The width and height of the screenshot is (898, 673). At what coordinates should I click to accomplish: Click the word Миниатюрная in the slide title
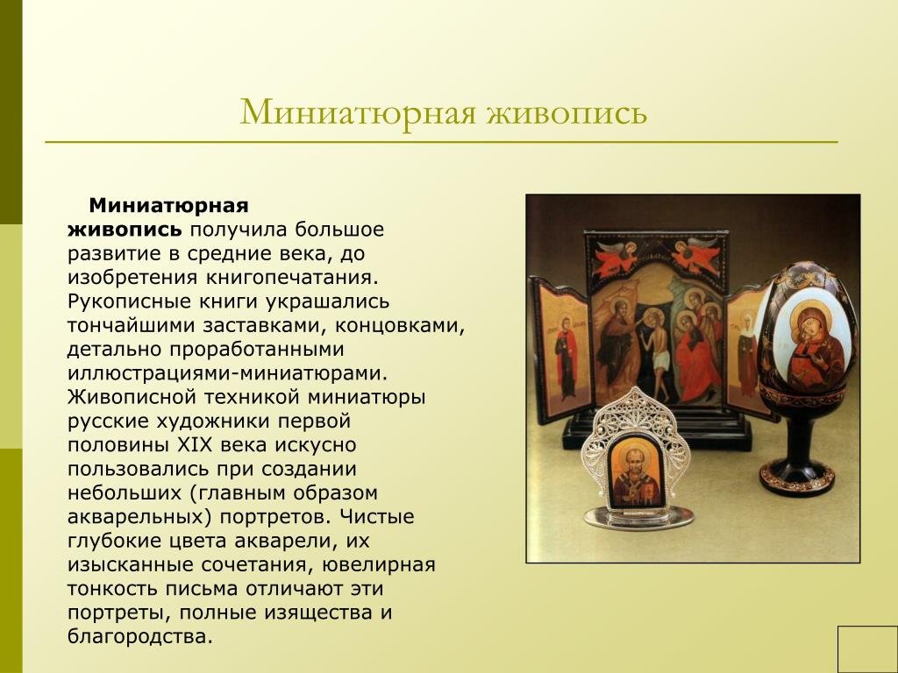point(358,111)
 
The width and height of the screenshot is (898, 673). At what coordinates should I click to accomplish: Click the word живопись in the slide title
point(567,111)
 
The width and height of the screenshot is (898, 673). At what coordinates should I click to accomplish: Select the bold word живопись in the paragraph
point(125,230)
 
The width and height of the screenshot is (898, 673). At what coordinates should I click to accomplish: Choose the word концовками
point(400,326)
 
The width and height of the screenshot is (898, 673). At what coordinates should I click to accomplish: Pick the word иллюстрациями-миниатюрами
point(227,373)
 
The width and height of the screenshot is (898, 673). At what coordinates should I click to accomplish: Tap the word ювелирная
point(379,565)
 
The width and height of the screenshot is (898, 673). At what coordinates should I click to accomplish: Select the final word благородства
point(140,636)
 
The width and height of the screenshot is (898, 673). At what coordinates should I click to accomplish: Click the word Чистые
point(376,517)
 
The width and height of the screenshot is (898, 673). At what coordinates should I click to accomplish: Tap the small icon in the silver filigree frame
point(637,472)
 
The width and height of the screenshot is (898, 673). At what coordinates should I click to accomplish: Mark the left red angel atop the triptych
point(616,257)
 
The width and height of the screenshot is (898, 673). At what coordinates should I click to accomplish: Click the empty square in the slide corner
point(867,649)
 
